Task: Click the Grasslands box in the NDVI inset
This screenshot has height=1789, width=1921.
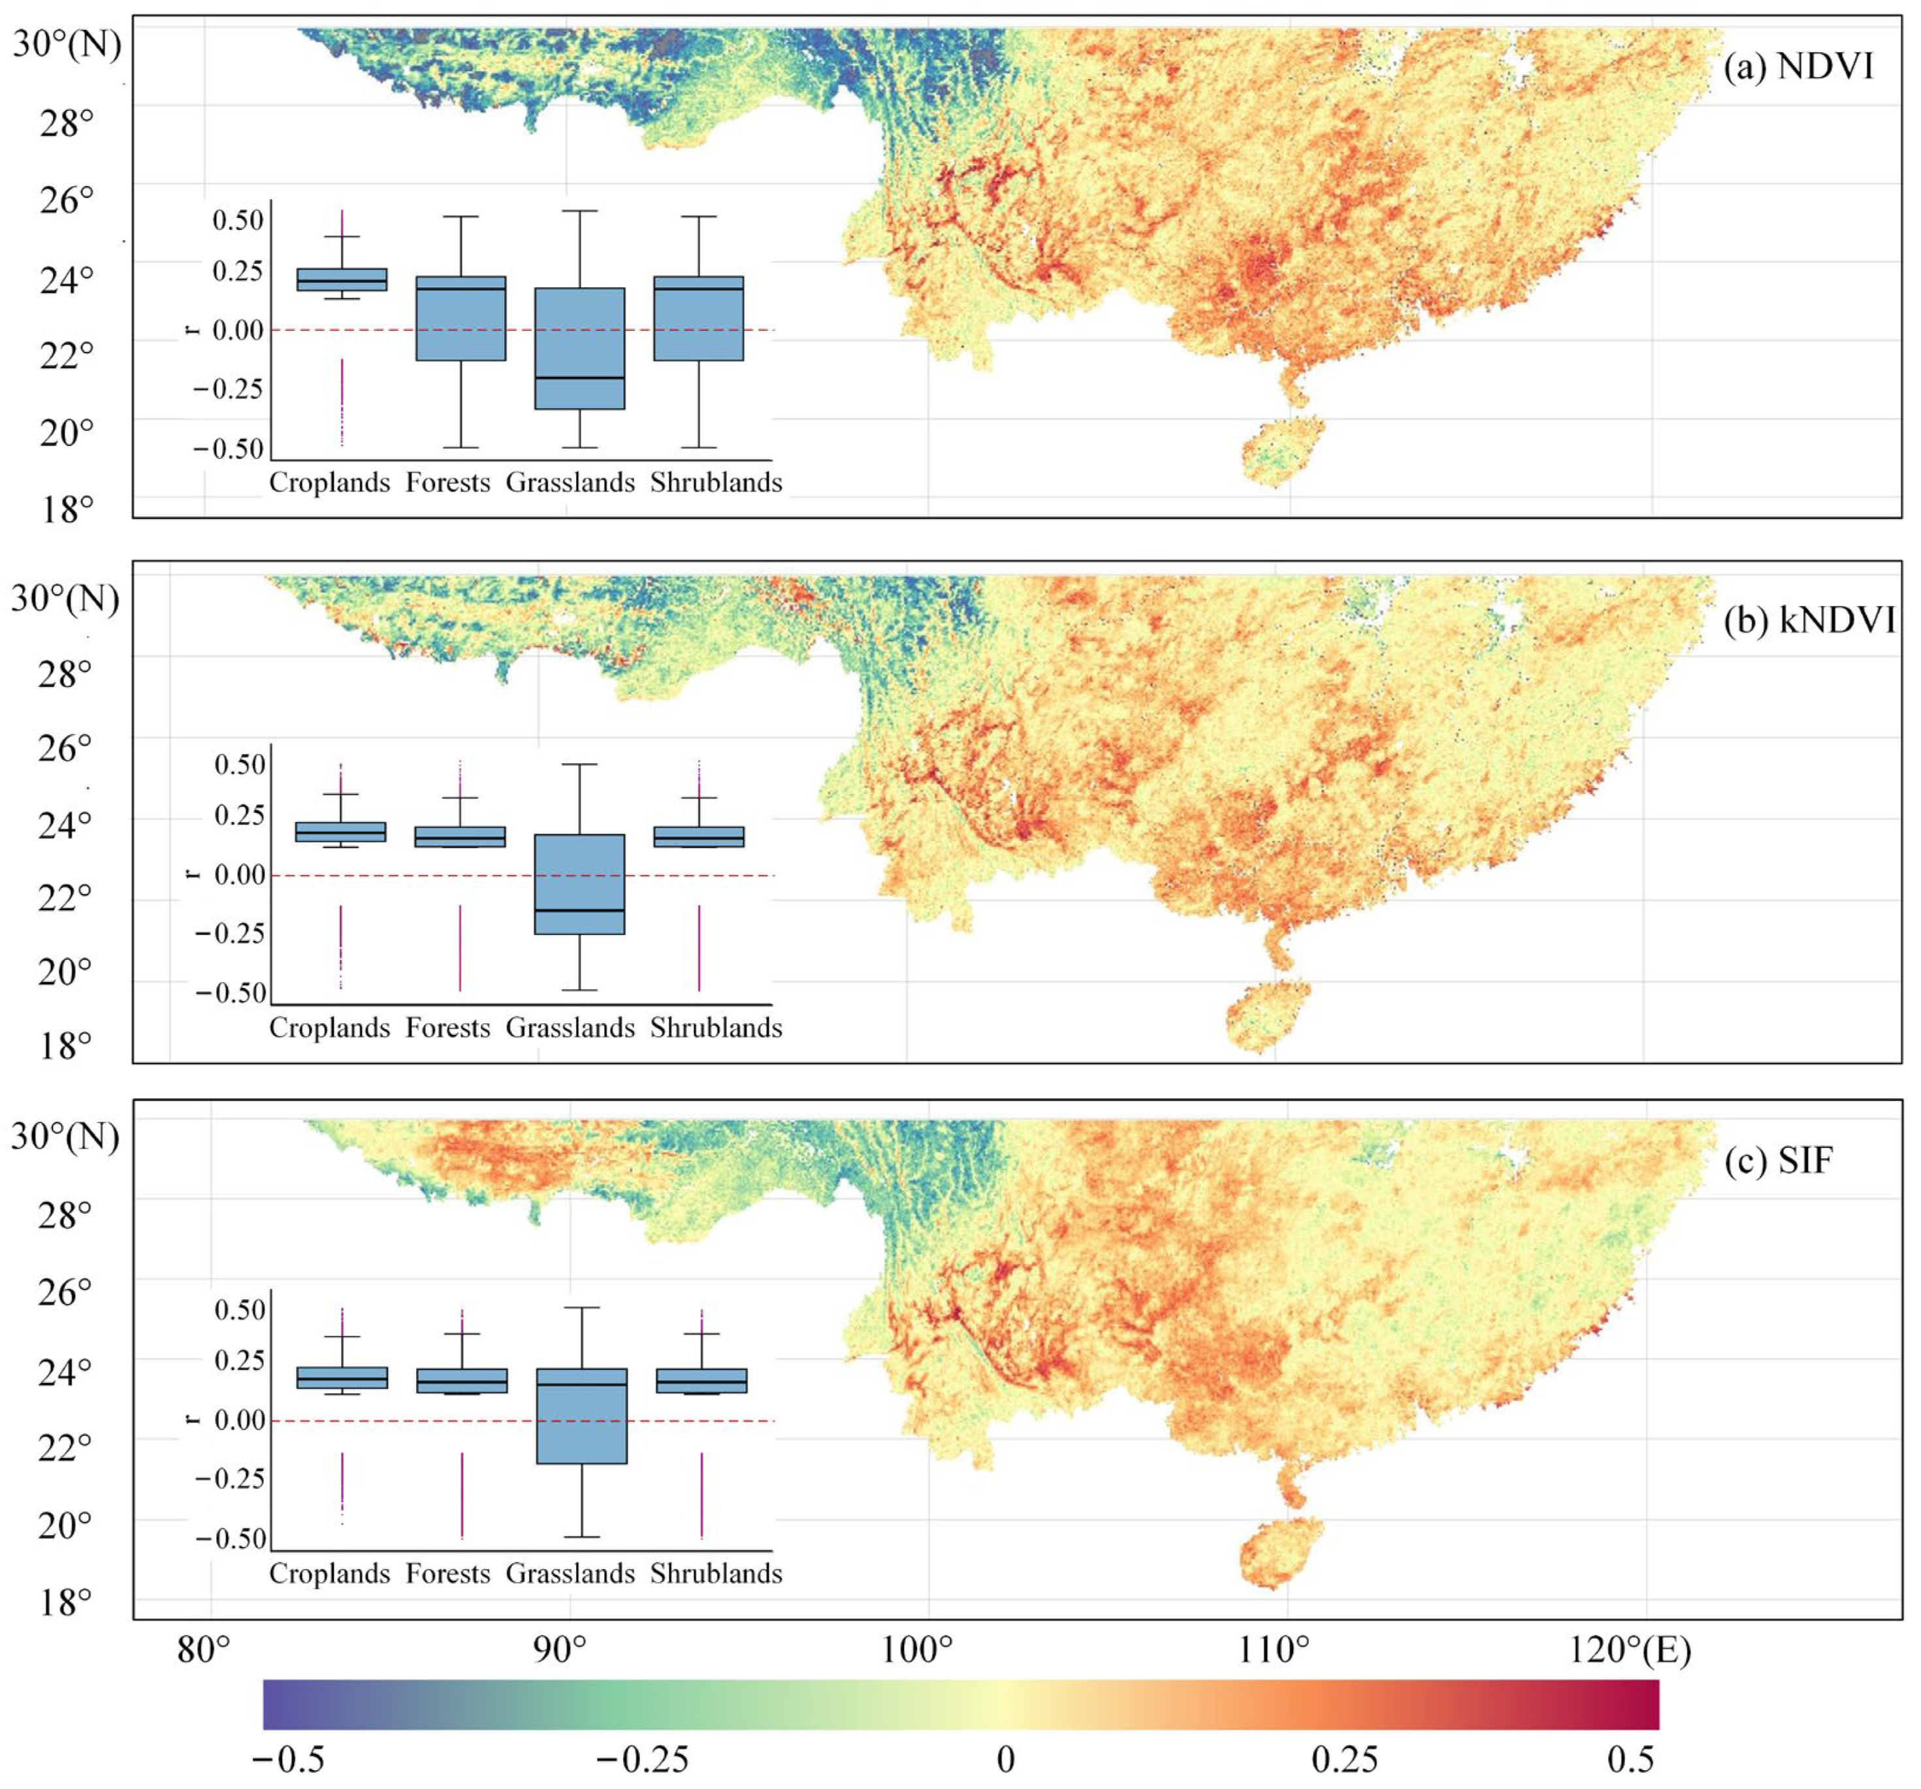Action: point(580,348)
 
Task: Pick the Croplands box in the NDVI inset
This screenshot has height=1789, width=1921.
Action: point(342,279)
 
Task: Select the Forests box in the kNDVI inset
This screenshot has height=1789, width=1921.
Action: point(460,836)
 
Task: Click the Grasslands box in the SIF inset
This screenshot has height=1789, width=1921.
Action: point(582,1415)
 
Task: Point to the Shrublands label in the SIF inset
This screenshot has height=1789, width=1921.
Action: point(716,1573)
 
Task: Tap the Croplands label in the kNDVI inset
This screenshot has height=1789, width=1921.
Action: point(329,1027)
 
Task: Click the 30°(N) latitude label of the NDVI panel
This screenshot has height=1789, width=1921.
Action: point(67,44)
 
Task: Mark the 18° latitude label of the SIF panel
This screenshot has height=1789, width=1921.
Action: point(67,1602)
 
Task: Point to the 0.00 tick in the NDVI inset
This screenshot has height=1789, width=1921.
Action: point(238,330)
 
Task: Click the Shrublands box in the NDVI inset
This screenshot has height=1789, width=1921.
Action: point(699,318)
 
